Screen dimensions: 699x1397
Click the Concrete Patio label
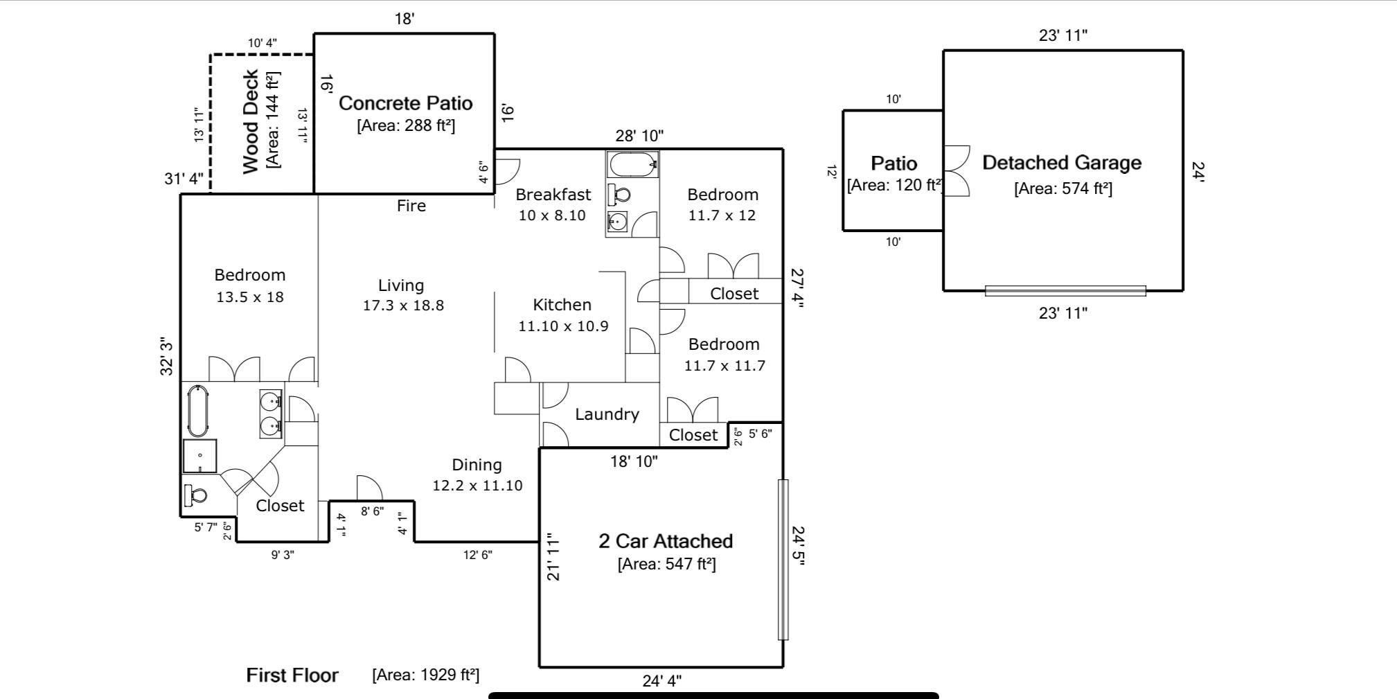tap(405, 103)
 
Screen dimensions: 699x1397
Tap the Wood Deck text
tap(251, 121)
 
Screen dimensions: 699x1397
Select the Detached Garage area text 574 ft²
tap(1062, 188)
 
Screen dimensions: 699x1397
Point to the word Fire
tap(411, 206)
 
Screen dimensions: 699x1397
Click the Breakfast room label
tap(553, 195)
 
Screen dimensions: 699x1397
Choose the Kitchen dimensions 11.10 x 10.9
tap(563, 326)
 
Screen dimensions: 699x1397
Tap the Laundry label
tap(607, 414)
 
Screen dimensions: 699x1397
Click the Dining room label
tap(477, 465)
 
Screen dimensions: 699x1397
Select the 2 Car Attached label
tap(665, 541)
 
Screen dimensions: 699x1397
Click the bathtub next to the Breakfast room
tap(632, 165)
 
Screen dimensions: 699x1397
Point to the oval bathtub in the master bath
tap(198, 412)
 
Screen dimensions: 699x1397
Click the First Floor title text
tap(292, 675)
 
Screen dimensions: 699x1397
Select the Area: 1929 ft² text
tap(425, 675)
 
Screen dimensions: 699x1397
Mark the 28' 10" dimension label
tap(639, 136)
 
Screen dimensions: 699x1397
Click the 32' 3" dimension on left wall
tap(167, 356)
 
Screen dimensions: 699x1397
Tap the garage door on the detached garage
tap(1065, 291)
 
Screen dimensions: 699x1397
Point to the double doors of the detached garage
tap(956, 171)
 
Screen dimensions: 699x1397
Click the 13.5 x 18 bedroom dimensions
tap(249, 297)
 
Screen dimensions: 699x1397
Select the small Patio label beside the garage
tap(893, 163)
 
